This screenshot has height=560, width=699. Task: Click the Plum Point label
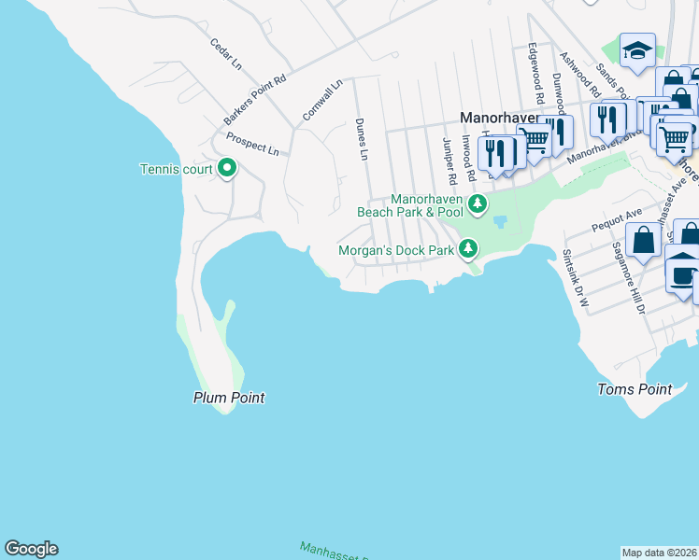(x=229, y=398)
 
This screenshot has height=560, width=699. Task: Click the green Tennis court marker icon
(x=226, y=169)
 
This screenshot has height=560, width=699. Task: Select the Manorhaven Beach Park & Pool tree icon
(x=478, y=203)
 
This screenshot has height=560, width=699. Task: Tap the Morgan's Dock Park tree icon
(x=468, y=249)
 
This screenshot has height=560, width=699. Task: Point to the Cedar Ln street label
(x=226, y=54)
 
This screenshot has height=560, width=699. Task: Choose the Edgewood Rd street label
(x=536, y=72)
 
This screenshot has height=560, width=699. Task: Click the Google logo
(x=31, y=549)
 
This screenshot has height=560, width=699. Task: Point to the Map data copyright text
(x=659, y=553)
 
